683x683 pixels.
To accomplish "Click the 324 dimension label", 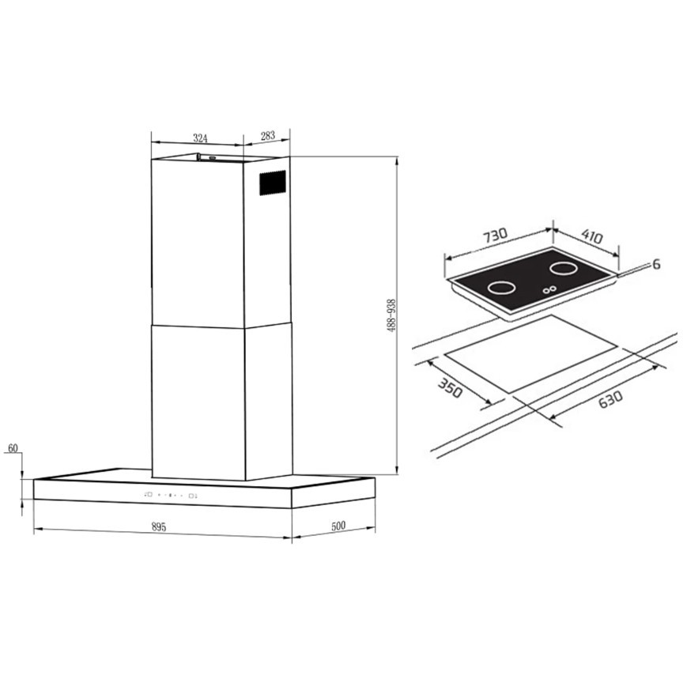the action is click(200, 138).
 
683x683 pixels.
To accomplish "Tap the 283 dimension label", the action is click(268, 135).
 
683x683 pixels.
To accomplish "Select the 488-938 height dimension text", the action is click(391, 315).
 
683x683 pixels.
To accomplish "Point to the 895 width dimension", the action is click(159, 527).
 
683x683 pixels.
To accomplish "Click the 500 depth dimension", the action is click(338, 526).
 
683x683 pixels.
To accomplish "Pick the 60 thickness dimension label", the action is click(13, 448).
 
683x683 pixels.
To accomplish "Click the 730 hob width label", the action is click(496, 236).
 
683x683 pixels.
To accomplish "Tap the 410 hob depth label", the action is click(592, 237).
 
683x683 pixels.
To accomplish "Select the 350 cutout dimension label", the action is click(450, 388).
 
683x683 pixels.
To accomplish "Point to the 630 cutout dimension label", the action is click(610, 399).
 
